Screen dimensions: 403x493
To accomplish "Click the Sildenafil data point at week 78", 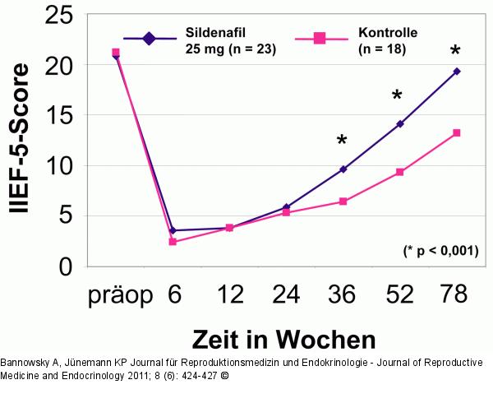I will pos(456,72).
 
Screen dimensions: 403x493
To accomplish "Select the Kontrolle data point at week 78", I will pos(456,132).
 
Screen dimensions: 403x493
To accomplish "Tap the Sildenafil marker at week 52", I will pos(399,124).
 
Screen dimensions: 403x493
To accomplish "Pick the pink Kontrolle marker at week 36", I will pos(343,201).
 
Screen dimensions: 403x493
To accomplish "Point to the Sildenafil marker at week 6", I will pos(173,230).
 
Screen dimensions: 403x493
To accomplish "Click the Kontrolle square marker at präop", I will pos(116,53).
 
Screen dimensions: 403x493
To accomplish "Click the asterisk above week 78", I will pos(455,53).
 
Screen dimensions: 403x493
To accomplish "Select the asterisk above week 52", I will pos(398,97).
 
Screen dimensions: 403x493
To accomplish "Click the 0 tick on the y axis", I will pos(67,266).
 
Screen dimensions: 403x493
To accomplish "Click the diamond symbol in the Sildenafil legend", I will pos(149,38).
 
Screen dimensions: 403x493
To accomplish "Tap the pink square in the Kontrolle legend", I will pos(320,38).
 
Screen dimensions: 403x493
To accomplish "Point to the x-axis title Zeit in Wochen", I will pos(283,339).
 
